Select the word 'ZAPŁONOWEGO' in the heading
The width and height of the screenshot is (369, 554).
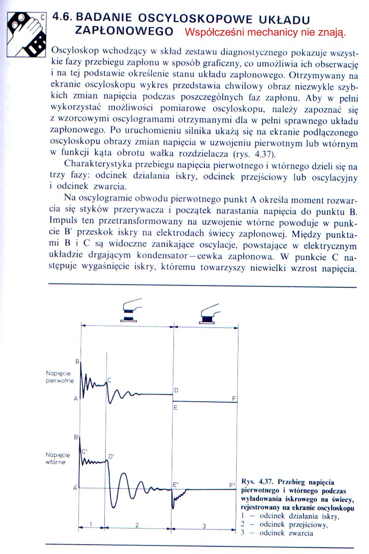pyautogui.click(x=124, y=31)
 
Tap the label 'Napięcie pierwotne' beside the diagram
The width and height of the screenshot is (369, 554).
pyautogui.click(x=61, y=377)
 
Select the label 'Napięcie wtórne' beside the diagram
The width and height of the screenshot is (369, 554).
pyautogui.click(x=58, y=458)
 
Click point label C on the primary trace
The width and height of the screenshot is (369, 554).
pyautogui.click(x=109, y=380)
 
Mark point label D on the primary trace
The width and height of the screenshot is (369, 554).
pyautogui.click(x=176, y=391)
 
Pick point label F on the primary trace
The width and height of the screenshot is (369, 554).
pyautogui.click(x=234, y=398)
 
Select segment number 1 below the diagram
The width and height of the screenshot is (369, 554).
pyautogui.click(x=91, y=524)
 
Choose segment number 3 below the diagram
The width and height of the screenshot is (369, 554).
pyautogui.click(x=205, y=524)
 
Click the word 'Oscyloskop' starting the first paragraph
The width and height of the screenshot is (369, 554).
pyautogui.click(x=74, y=49)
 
